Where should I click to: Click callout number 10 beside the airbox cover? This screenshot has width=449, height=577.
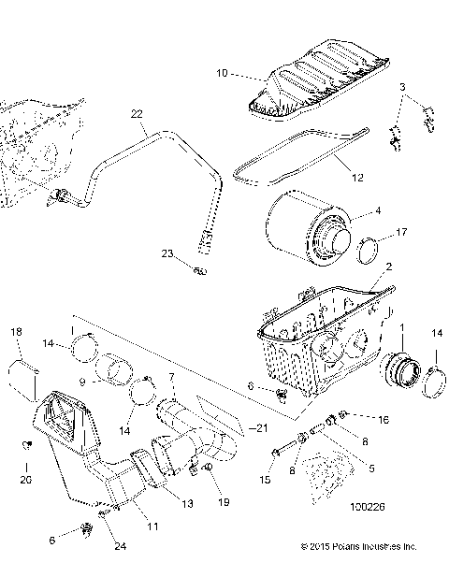coord(222,71)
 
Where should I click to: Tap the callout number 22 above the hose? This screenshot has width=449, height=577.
coord(137,113)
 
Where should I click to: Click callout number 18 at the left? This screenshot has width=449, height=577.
coord(16,332)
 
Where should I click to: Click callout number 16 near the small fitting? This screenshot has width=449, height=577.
coord(384,421)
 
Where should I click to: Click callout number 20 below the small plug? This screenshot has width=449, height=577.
coord(25,480)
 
